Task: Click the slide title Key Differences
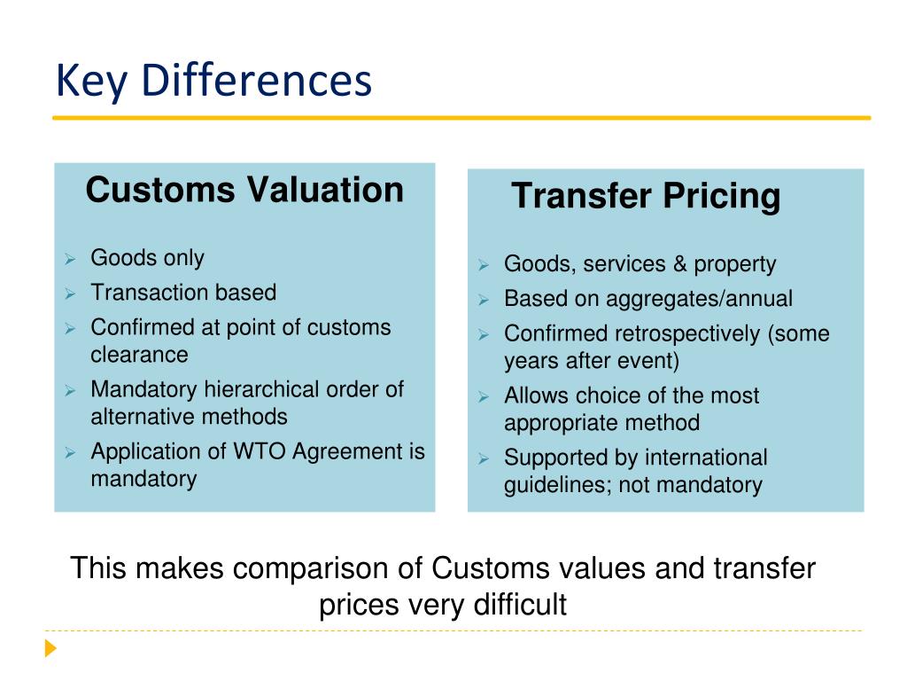coord(213,81)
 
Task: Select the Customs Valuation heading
coord(244,190)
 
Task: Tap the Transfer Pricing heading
coord(646,196)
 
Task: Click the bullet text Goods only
coord(147,258)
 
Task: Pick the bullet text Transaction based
coord(183,293)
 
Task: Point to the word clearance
coord(139,355)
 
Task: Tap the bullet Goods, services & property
coord(640,264)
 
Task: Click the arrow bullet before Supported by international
coord(485,458)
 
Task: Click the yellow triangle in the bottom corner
coord(50,648)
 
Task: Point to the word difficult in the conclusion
coord(520,605)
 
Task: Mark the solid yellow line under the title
coord(461,117)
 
